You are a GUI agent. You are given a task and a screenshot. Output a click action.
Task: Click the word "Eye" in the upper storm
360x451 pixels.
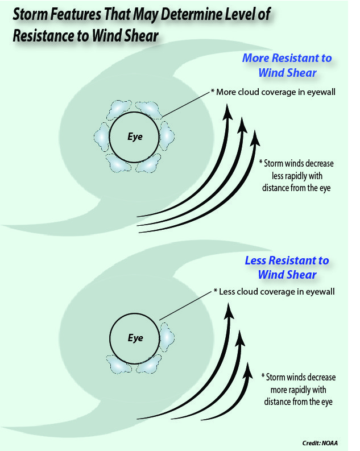pos(135,136)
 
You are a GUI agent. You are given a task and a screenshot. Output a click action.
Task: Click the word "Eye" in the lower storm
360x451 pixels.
pos(135,338)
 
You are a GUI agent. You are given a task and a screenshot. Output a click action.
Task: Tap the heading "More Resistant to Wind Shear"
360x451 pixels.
pos(287,65)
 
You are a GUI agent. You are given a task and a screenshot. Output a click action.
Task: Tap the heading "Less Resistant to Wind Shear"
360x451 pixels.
pos(287,267)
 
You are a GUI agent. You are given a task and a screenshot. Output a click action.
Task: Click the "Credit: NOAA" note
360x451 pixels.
pos(320,443)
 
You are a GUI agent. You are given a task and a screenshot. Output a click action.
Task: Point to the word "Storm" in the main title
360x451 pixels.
pos(30,14)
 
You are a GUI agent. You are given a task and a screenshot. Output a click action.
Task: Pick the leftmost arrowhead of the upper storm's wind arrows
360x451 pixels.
pos(228,112)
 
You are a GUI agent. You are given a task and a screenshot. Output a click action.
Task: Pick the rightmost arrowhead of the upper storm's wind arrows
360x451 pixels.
pos(255,139)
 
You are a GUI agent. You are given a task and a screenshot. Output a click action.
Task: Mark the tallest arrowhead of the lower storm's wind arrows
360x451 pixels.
pos(229,311)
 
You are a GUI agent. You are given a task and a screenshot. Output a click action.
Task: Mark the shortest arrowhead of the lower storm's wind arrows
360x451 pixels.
pos(248,371)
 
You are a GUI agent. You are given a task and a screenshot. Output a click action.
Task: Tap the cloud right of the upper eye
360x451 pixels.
pos(167,136)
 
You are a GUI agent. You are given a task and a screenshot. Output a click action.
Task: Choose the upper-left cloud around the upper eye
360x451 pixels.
pos(119,109)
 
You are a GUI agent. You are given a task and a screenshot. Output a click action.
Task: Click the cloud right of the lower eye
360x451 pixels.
pos(167,337)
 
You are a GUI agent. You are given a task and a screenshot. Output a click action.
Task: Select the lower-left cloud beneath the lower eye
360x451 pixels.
pos(119,364)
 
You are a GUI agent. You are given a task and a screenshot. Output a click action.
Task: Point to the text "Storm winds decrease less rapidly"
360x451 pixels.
pos(297,169)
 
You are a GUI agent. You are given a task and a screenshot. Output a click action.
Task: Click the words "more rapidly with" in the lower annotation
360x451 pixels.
pos(298,390)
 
